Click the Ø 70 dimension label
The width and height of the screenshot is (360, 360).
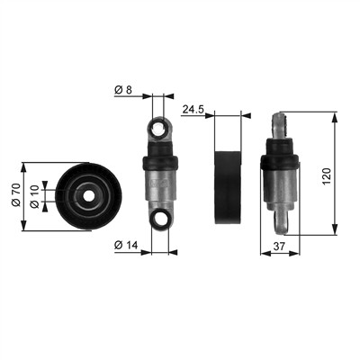click(15, 195)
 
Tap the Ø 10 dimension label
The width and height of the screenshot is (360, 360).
click(34, 197)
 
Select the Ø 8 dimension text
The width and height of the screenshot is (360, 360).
click(123, 90)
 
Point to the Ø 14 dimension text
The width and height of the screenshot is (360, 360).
click(126, 246)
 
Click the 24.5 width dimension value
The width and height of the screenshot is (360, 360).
click(193, 110)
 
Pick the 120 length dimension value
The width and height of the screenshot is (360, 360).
click(327, 176)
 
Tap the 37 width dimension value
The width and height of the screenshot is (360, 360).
click(279, 247)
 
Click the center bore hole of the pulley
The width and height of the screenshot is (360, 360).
click(88, 196)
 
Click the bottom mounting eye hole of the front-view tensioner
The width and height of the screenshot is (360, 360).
click(160, 220)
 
